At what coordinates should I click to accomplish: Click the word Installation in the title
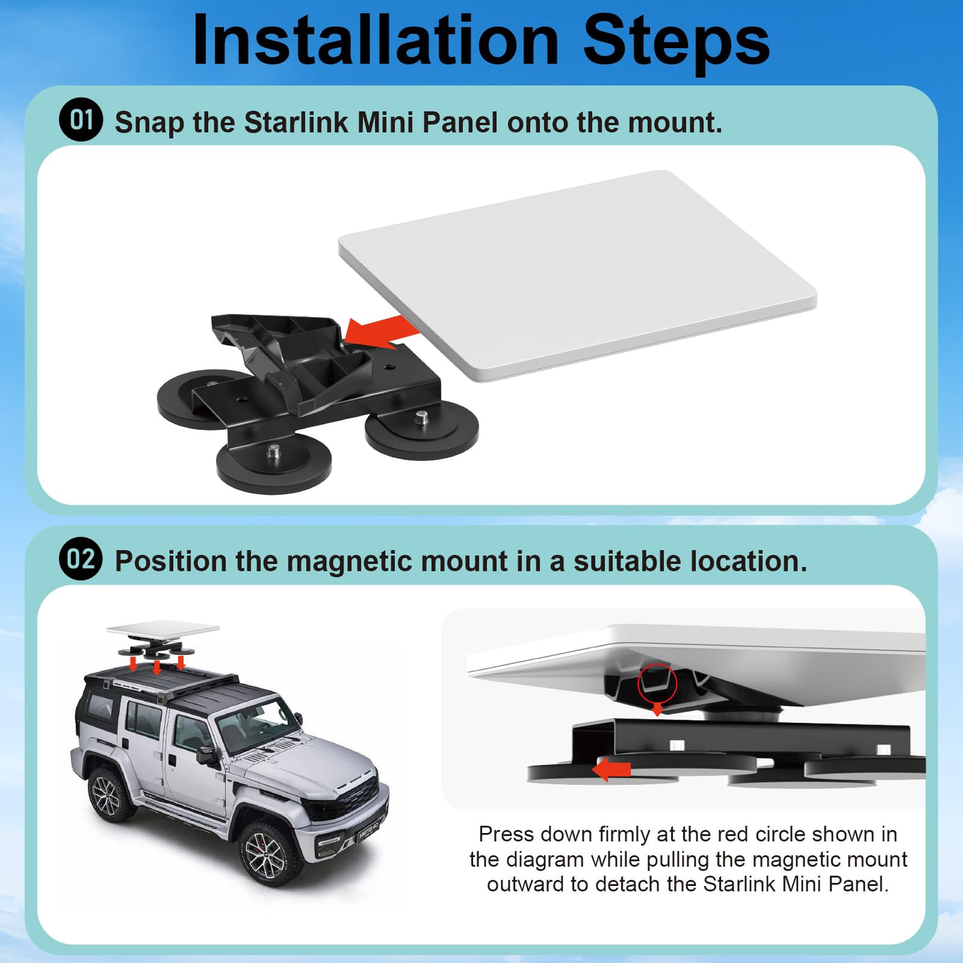[x=376, y=40]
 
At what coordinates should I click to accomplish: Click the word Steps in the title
[x=676, y=44]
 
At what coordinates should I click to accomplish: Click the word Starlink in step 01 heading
[x=296, y=122]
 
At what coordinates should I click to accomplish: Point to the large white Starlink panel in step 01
[x=577, y=275]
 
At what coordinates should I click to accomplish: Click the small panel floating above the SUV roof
[x=163, y=629]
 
